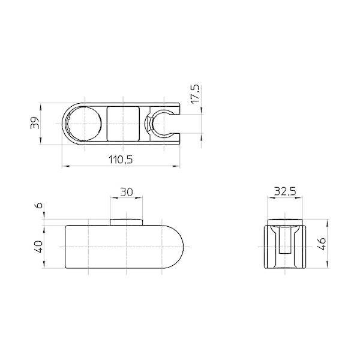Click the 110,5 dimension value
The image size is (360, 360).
tap(121, 160)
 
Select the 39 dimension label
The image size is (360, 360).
tap(35, 123)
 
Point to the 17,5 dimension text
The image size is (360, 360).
tap(196, 94)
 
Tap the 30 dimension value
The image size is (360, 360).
tap(127, 192)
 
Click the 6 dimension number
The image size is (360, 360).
tap(40, 205)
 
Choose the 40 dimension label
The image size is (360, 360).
tap(39, 247)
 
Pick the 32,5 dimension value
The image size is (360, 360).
tap(285, 191)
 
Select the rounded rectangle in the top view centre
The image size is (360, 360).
tap(123, 124)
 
